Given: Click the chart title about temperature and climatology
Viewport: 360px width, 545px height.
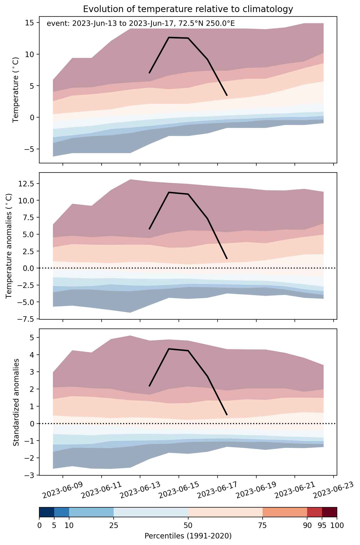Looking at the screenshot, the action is [188, 9].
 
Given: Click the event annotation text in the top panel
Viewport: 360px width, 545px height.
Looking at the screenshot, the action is [141, 24].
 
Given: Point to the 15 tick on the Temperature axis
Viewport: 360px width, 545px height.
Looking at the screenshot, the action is [31, 23].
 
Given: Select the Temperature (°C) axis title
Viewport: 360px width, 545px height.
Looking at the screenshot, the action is [16, 90].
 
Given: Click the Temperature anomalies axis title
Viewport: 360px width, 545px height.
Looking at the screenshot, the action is [9, 246].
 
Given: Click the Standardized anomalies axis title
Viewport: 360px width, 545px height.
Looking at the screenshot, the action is [16, 402].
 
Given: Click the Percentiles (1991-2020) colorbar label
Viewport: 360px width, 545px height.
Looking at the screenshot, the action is [188, 536].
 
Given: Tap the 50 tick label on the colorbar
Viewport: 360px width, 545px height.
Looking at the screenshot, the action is [188, 525].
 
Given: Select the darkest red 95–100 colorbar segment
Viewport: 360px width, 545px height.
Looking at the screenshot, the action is [329, 512].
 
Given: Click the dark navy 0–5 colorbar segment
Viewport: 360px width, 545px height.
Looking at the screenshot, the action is [47, 512].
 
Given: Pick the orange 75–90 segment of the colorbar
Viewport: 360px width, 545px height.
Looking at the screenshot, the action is [285, 512].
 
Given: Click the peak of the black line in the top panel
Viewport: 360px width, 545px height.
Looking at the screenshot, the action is [169, 37].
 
